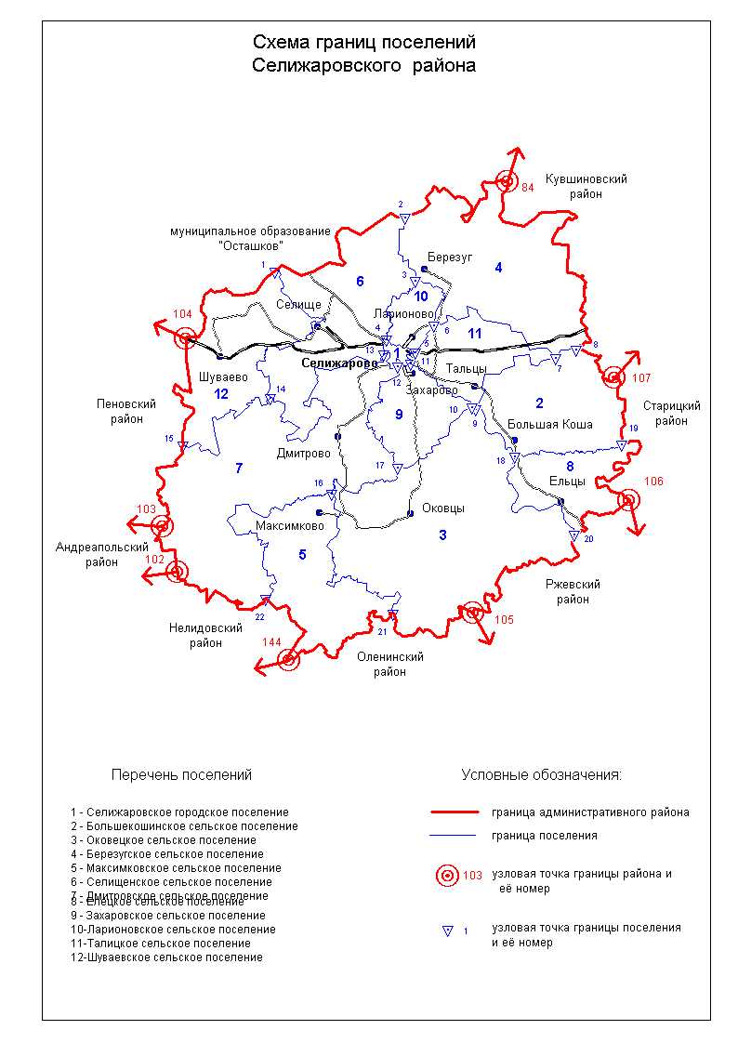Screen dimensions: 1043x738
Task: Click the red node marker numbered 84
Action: pyautogui.click(x=507, y=182)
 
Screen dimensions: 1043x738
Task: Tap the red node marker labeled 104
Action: pyautogui.click(x=186, y=338)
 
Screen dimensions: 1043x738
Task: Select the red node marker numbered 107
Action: pyautogui.click(x=613, y=376)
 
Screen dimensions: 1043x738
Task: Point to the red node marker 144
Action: pyautogui.click(x=288, y=660)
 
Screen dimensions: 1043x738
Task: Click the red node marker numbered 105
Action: pyautogui.click(x=473, y=612)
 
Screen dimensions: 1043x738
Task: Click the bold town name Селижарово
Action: pyautogui.click(x=338, y=363)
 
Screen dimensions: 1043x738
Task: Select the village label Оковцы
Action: pyautogui.click(x=443, y=508)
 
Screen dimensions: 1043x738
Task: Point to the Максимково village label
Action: pyautogui.click(x=290, y=526)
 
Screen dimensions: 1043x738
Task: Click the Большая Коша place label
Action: pyautogui.click(x=550, y=424)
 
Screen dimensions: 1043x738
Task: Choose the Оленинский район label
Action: pyautogui.click(x=390, y=664)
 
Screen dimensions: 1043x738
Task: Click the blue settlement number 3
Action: pyautogui.click(x=442, y=535)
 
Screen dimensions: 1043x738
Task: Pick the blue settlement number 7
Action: pyautogui.click(x=239, y=469)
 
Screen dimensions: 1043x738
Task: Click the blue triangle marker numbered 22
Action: pyautogui.click(x=265, y=601)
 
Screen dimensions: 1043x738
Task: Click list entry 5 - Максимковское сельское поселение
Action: pyautogui.click(x=175, y=868)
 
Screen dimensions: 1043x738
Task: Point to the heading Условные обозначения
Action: pyautogui.click(x=541, y=774)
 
